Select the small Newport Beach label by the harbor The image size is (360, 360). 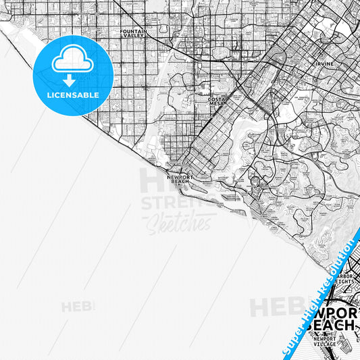click(180, 179)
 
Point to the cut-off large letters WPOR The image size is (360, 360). click(333, 313)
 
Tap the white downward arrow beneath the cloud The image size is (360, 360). click(68, 80)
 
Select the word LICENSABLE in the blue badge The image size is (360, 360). click(72, 95)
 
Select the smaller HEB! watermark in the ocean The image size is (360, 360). click(78, 307)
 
